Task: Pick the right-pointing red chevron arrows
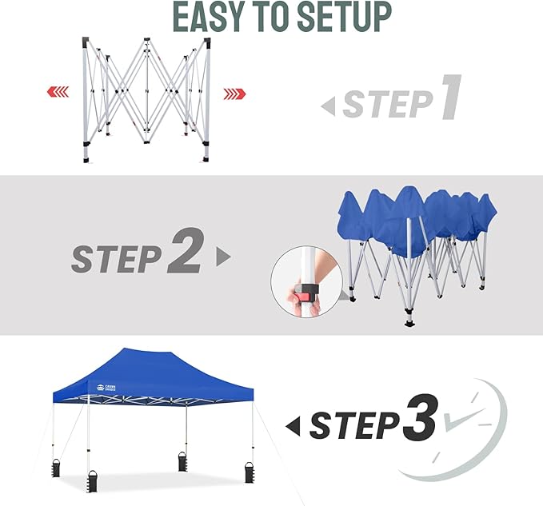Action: (x=234, y=94)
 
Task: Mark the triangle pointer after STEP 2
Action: (x=223, y=257)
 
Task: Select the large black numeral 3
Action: (x=420, y=420)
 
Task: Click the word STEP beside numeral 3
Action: (x=353, y=424)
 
